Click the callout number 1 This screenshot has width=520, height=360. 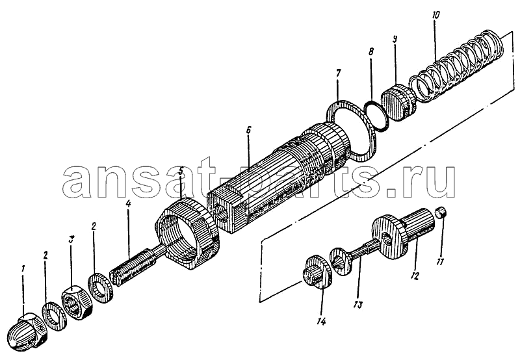tap(23, 269)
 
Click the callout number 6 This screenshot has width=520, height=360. tap(248, 130)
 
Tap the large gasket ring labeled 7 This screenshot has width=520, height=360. tap(354, 131)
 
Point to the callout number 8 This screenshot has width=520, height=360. tap(371, 52)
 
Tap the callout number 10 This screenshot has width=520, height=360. tap(435, 15)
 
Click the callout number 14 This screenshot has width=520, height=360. tap(321, 321)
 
